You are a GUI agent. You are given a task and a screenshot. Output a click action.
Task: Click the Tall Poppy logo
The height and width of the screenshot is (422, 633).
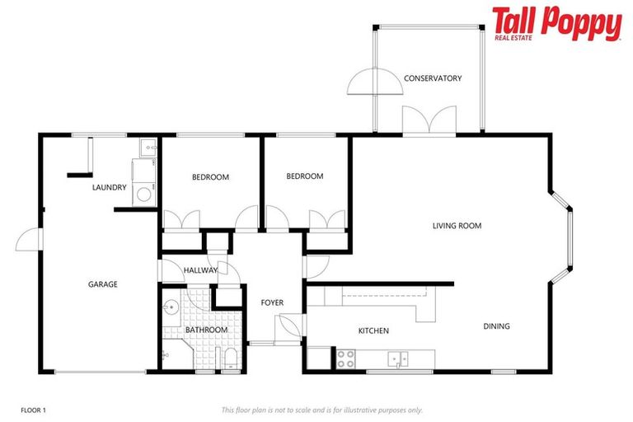556,23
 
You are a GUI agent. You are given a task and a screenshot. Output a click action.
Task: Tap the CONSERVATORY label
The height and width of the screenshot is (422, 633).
432,78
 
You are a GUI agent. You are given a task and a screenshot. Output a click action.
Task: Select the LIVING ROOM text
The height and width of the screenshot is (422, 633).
457,226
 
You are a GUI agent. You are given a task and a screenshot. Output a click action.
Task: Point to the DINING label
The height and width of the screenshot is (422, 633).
496,326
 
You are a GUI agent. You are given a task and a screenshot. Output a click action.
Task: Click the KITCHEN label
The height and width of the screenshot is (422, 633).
373,331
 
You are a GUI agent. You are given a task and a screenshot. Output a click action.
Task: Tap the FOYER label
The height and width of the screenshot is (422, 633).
272,303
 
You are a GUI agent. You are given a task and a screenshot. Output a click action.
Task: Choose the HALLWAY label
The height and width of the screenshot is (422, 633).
200,270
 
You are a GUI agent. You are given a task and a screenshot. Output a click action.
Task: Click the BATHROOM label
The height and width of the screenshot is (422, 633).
205,331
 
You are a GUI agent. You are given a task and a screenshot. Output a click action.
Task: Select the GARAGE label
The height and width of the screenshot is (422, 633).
103,284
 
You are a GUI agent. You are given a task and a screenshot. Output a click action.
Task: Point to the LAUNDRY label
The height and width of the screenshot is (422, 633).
110,188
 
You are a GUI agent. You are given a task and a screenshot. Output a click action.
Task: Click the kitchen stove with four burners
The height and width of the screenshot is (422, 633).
345,359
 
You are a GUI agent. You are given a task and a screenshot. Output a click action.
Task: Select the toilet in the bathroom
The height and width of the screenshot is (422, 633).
231,356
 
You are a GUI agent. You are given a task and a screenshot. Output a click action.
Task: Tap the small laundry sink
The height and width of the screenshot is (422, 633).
147,148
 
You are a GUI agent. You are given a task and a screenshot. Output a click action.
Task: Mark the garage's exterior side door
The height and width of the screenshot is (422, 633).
28,241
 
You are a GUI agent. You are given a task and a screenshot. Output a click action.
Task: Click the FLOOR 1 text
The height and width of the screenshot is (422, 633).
33,410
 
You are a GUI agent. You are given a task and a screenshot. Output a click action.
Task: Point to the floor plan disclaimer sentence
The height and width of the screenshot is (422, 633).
321,410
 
